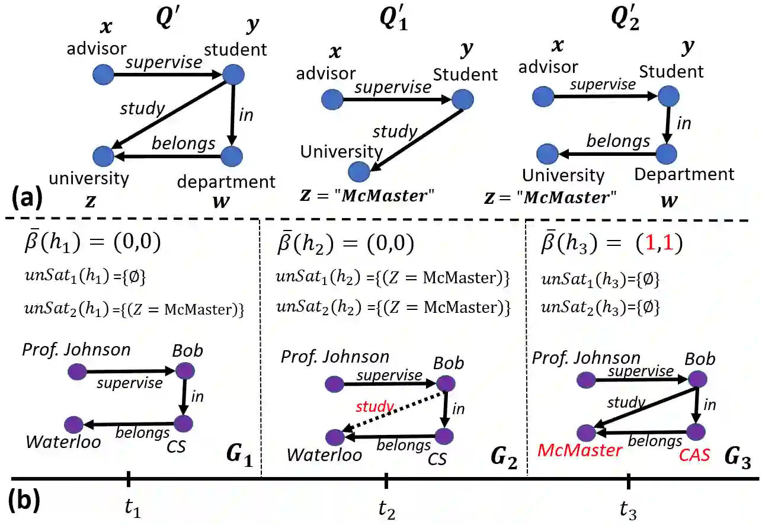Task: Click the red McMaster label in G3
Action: pyautogui.click(x=579, y=451)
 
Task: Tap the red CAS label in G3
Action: pyautogui.click(x=694, y=454)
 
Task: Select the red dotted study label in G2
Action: pyautogui.click(x=374, y=406)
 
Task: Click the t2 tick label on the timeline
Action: pyautogui.click(x=387, y=508)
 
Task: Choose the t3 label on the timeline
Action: pyautogui.click(x=629, y=508)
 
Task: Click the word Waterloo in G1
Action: pyautogui.click(x=63, y=441)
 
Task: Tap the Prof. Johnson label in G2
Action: pyautogui.click(x=335, y=357)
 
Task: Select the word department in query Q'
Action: pyautogui.click(x=226, y=181)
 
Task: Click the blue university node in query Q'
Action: pyautogui.click(x=104, y=156)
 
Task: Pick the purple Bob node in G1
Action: pyautogui.click(x=184, y=372)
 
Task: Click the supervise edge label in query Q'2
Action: pyautogui.click(x=602, y=84)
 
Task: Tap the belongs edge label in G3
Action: pyautogui.click(x=655, y=441)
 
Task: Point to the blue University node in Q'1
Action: pyautogui.click(x=358, y=172)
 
